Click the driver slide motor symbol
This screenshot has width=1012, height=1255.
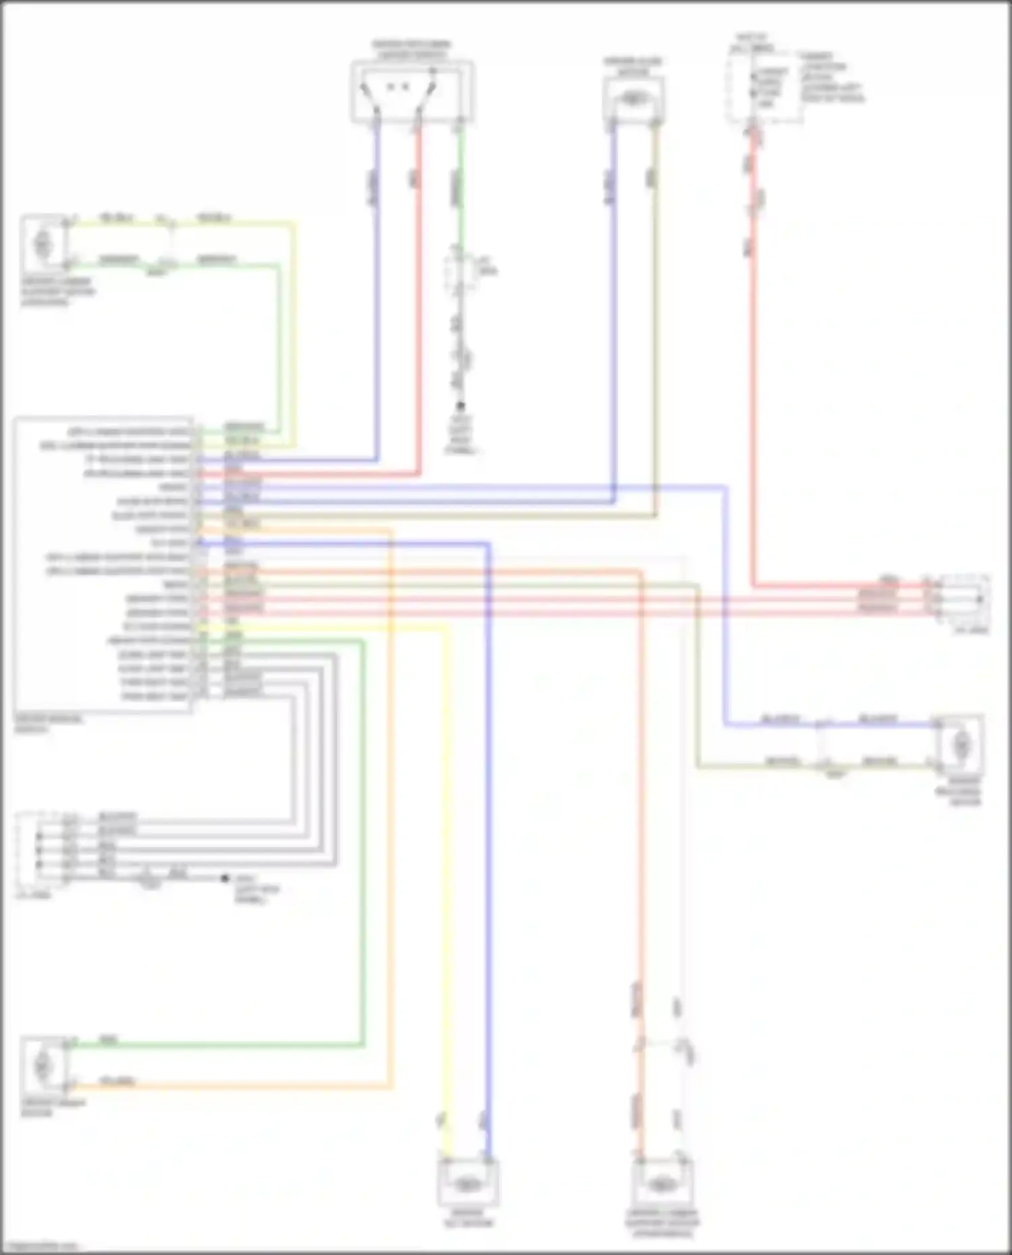[633, 99]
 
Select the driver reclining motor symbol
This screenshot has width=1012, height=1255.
[961, 745]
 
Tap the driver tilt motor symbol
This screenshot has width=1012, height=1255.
[467, 1184]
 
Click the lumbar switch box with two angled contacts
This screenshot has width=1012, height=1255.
[411, 90]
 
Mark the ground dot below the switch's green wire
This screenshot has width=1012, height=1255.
[461, 406]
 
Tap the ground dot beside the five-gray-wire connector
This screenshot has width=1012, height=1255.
[225, 879]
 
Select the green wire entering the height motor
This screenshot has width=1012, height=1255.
[216, 1045]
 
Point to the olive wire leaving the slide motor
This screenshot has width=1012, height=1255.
[655, 303]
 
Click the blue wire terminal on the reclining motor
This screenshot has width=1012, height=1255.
[937, 724]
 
